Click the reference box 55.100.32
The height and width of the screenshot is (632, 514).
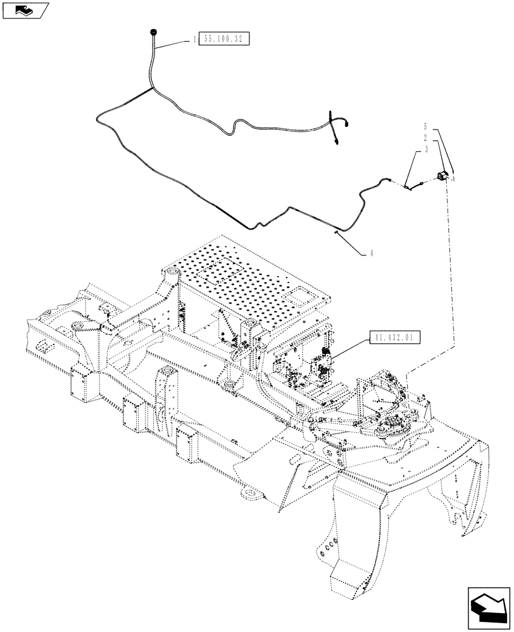tap(225, 39)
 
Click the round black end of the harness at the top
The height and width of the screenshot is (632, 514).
tap(153, 31)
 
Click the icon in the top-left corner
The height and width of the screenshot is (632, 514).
tap(24, 9)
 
